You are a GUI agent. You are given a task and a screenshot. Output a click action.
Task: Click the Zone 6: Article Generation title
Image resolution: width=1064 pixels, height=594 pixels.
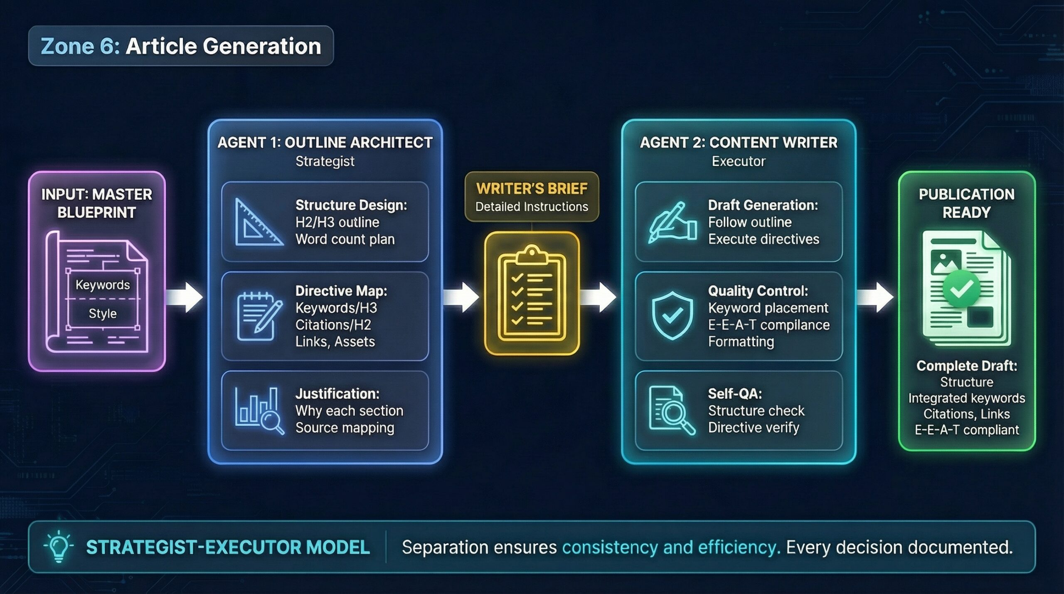pyautogui.click(x=181, y=46)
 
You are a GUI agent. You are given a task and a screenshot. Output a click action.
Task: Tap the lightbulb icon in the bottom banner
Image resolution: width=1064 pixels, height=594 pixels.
pyautogui.click(x=59, y=547)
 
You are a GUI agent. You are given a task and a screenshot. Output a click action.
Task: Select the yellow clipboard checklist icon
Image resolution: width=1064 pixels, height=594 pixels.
pyautogui.click(x=532, y=293)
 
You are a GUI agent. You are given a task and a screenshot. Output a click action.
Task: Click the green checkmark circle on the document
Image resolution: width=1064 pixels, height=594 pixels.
pyautogui.click(x=961, y=288)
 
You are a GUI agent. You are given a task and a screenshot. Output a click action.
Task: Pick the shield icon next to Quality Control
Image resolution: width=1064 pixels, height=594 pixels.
pyautogui.click(x=672, y=315)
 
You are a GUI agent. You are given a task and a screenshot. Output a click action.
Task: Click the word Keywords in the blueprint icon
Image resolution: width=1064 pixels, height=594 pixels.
pyautogui.click(x=103, y=285)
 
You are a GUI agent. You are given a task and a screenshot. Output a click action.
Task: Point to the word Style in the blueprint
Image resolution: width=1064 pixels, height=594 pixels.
pyautogui.click(x=103, y=313)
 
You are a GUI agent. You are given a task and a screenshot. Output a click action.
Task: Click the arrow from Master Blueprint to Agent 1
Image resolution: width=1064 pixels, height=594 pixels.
pyautogui.click(x=185, y=297)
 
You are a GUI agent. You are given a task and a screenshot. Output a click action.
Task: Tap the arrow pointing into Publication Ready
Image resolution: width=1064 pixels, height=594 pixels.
pyautogui.click(x=875, y=297)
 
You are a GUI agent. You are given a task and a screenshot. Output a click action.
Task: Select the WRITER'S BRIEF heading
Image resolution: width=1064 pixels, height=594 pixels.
pyautogui.click(x=532, y=189)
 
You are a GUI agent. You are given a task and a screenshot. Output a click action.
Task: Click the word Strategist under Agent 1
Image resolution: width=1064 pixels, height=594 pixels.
pyautogui.click(x=325, y=161)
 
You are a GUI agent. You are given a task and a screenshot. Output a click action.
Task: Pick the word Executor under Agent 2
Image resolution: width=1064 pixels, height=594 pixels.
pyautogui.click(x=739, y=161)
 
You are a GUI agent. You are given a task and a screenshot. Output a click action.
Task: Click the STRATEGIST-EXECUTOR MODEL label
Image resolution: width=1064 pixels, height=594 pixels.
pyautogui.click(x=228, y=547)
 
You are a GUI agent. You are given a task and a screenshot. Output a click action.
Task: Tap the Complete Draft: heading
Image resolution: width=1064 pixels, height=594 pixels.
pyautogui.click(x=967, y=366)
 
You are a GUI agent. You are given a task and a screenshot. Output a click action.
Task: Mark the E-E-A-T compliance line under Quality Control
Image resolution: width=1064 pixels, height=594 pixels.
pyautogui.click(x=769, y=325)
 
